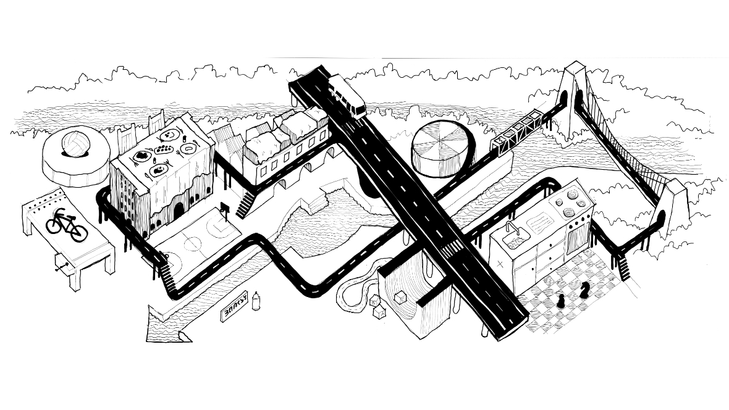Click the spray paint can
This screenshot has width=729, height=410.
255,301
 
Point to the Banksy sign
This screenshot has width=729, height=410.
235,306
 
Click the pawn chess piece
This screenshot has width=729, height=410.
561,300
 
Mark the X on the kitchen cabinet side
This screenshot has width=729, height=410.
499,261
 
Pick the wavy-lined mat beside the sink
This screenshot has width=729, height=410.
537,219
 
